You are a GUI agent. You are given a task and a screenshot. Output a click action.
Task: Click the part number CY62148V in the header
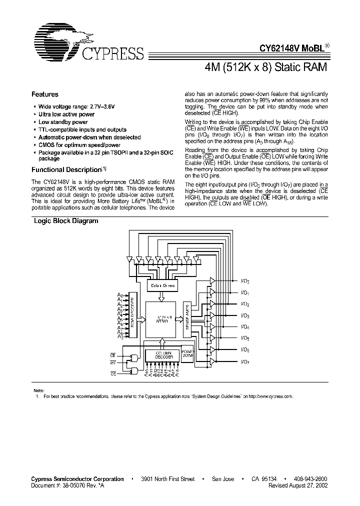(278, 49)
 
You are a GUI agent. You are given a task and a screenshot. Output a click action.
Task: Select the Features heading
(45, 94)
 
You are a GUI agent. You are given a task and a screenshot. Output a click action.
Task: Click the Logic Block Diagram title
(65, 220)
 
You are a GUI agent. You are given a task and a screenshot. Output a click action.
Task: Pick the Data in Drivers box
(162, 285)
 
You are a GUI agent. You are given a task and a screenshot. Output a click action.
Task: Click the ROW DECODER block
(133, 315)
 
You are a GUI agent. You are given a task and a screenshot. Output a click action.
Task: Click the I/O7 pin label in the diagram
(245, 361)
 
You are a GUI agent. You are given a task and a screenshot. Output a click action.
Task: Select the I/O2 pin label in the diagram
(245, 304)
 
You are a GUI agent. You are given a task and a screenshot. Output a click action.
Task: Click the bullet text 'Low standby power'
(63, 122)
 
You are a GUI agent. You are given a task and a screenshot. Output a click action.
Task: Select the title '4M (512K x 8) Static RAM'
(266, 67)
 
